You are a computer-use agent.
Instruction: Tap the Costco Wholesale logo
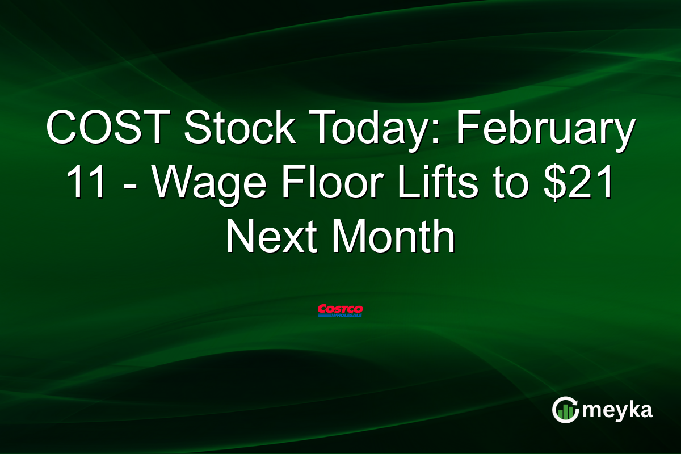(340, 310)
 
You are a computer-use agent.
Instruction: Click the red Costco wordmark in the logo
(340, 308)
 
